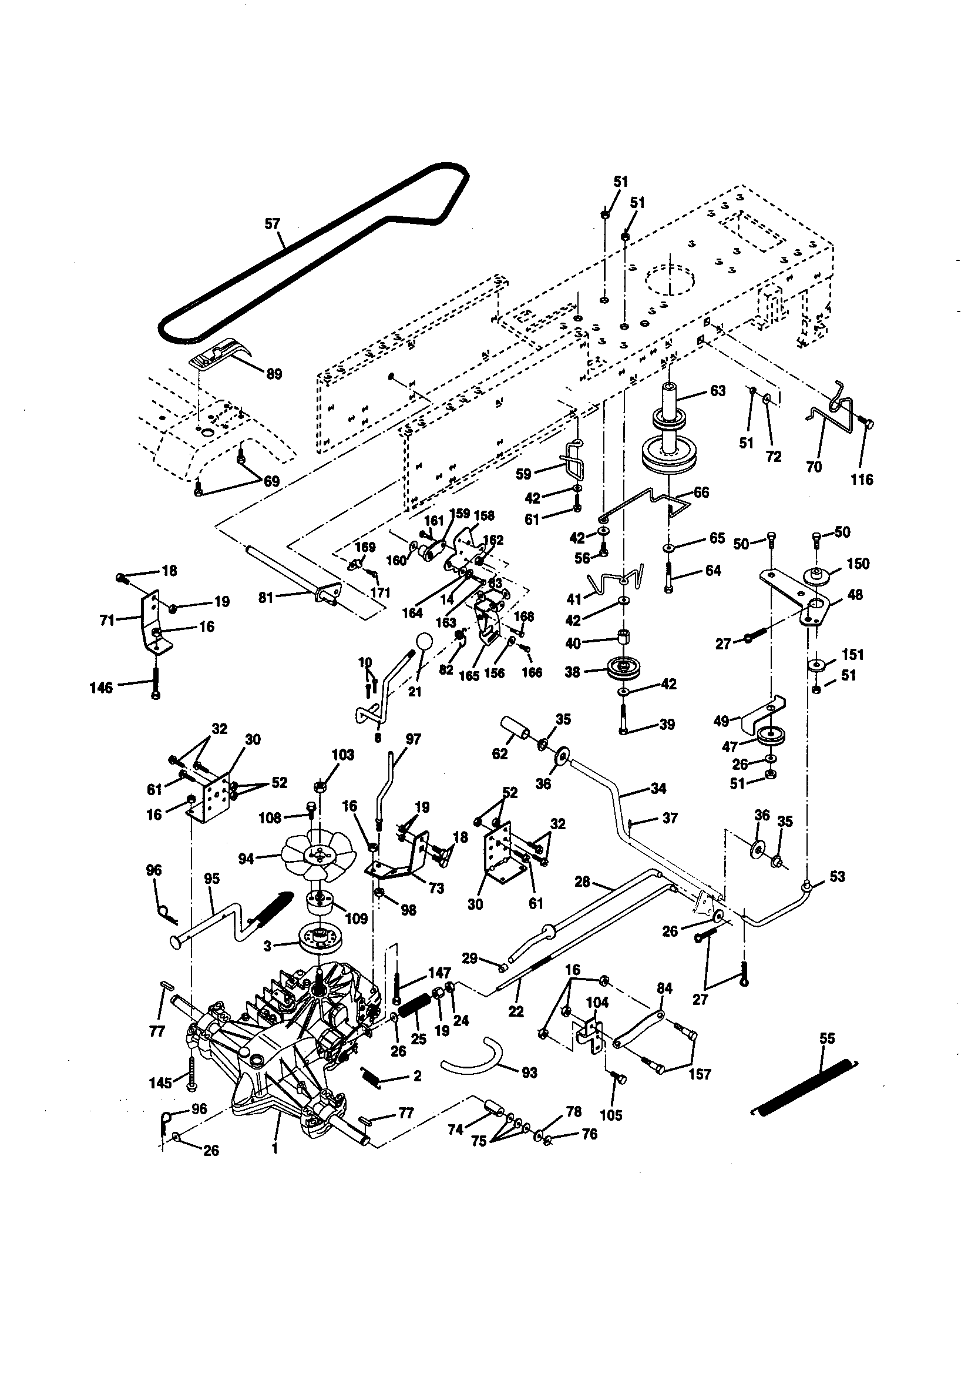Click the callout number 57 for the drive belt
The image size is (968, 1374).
[271, 224]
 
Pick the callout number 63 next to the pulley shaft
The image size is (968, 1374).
[717, 391]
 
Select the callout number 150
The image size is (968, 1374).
[858, 564]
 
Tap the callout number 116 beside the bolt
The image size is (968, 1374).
[862, 480]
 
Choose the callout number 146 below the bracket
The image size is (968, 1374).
[100, 688]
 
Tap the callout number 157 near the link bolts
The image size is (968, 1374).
[700, 1074]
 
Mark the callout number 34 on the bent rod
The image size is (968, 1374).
[658, 789]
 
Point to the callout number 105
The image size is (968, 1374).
[610, 1115]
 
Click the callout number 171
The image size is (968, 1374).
[380, 592]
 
